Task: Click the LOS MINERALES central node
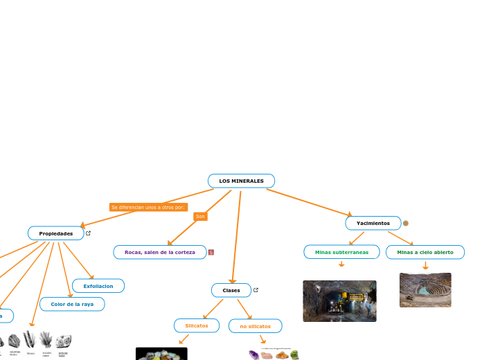tap(241, 181)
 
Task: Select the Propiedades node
tap(55, 233)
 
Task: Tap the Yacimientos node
tap(373, 223)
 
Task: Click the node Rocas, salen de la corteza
tap(160, 252)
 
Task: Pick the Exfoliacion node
tap(98, 285)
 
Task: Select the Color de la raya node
tap(72, 304)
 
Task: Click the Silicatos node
tap(196, 325)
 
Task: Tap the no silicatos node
tap(255, 325)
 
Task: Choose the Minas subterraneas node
tap(341, 252)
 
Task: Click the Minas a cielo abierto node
tap(425, 252)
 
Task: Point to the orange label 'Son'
tap(200, 217)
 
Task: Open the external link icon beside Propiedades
tap(89, 233)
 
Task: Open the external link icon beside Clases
tap(256, 289)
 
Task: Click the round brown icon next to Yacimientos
tap(406, 223)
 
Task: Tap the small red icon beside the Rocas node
tap(211, 252)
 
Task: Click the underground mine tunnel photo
tap(339, 301)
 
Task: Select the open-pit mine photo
tap(425, 289)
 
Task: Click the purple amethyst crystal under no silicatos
tap(253, 355)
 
